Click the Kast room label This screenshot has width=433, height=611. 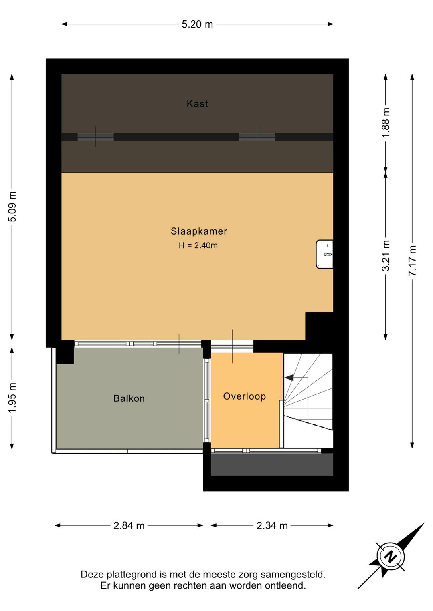tap(197, 104)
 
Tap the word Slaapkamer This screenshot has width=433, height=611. tap(199, 231)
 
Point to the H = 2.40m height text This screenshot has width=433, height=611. tap(198, 245)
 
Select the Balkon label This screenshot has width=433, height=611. tap(129, 398)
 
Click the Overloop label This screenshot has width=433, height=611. tap(245, 396)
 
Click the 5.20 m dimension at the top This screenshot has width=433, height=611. tap(197, 24)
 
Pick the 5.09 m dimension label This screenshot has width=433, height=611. tap(13, 207)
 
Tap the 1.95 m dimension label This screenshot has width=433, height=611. tap(13, 398)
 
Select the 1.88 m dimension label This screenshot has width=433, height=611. tap(386, 123)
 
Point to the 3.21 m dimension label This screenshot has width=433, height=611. tap(386, 255)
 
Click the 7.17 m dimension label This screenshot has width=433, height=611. tap(413, 261)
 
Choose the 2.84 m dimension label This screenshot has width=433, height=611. tap(129, 526)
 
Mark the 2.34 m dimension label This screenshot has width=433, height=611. tap(272, 526)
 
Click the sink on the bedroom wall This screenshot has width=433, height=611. tap(324, 254)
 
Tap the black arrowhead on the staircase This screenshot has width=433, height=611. tap(289, 378)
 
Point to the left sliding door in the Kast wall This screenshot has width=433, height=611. tap(95, 137)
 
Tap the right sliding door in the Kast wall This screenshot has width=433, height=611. tap(257, 137)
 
